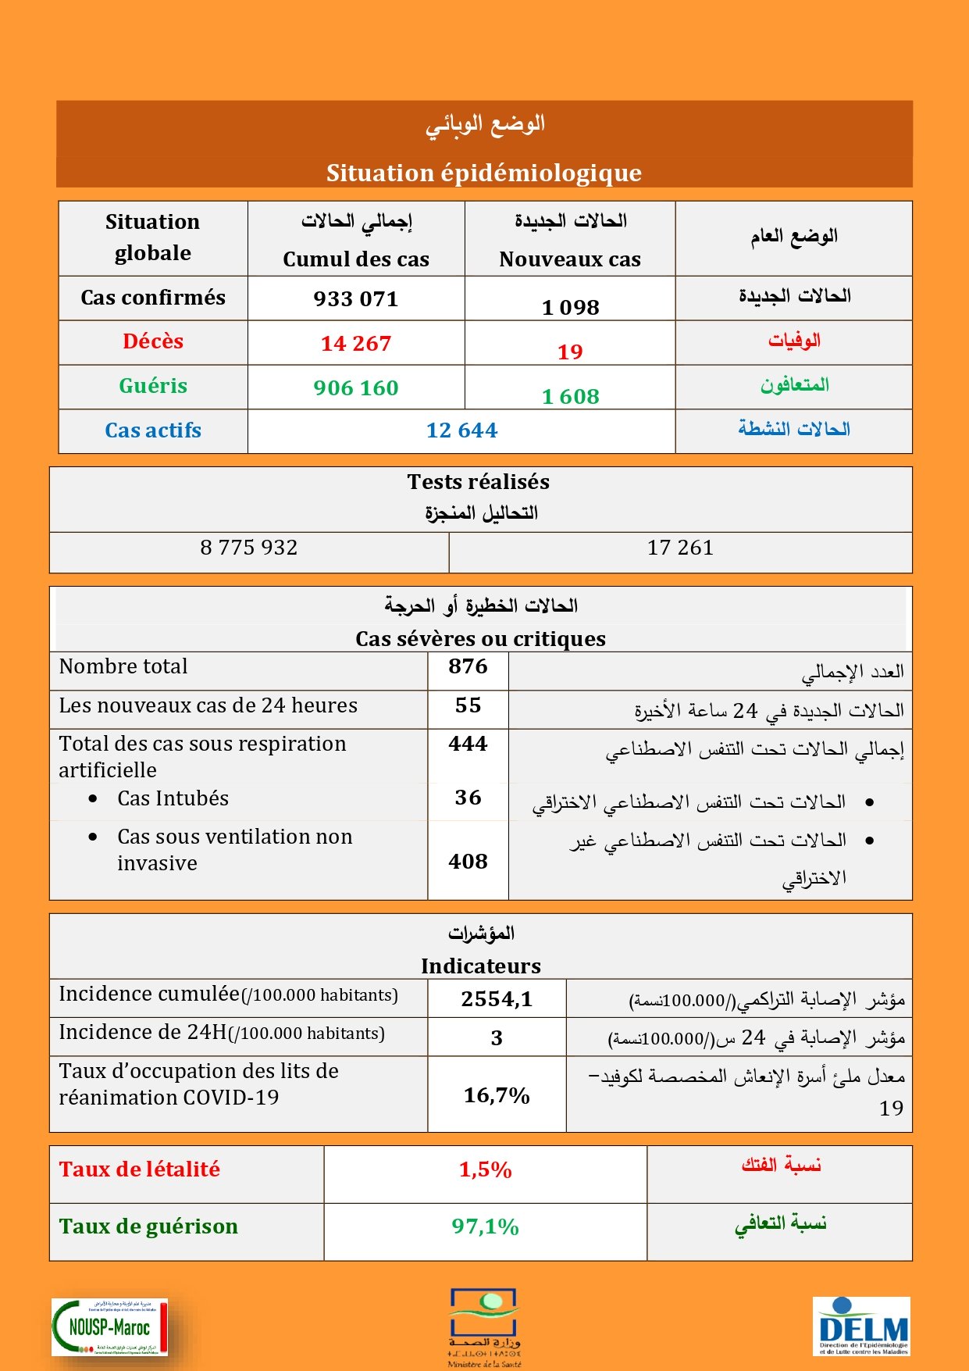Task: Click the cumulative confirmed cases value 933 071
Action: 356,299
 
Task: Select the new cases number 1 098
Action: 571,307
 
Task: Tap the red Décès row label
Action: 153,341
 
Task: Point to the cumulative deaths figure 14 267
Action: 356,344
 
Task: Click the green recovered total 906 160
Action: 356,388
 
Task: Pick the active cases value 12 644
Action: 461,430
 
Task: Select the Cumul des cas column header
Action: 356,259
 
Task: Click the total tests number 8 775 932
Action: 249,548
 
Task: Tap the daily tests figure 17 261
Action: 680,548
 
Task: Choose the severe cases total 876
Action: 468,666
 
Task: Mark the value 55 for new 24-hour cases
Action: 468,705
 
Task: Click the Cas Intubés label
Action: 173,798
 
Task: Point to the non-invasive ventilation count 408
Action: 468,862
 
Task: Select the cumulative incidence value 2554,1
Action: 497,999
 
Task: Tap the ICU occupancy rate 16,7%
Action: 497,1095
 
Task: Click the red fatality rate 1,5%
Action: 485,1169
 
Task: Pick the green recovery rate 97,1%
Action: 485,1226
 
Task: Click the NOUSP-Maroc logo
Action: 109,1326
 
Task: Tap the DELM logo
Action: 861,1326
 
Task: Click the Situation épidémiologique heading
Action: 484,173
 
